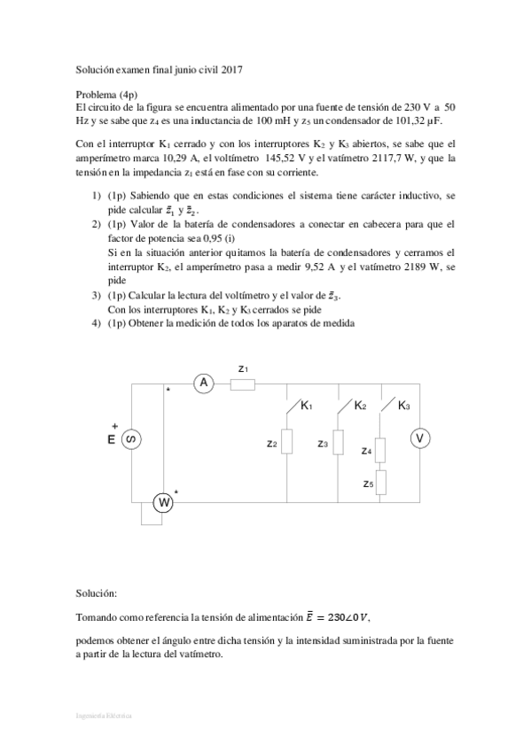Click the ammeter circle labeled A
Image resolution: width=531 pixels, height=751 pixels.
tap(205, 383)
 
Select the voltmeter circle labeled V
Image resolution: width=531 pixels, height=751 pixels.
tap(422, 438)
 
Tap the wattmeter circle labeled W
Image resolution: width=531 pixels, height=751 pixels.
tap(163, 503)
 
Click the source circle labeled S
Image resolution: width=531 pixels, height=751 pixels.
tap(131, 439)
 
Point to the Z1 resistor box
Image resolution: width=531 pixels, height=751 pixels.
tap(243, 383)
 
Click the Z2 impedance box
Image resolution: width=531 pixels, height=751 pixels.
tap(287, 443)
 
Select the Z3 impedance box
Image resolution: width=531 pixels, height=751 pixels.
tap(338, 443)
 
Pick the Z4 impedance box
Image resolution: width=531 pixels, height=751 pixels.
tap(381, 450)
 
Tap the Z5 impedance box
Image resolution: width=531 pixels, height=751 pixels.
tap(381, 483)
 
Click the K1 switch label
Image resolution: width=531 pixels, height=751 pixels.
tap(307, 406)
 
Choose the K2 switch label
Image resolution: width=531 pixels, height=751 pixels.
tap(360, 406)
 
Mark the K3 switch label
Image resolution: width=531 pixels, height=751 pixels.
tap(403, 406)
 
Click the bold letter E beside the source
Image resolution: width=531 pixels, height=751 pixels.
tap(112, 439)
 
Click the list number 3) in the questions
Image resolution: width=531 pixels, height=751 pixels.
tap(97, 297)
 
